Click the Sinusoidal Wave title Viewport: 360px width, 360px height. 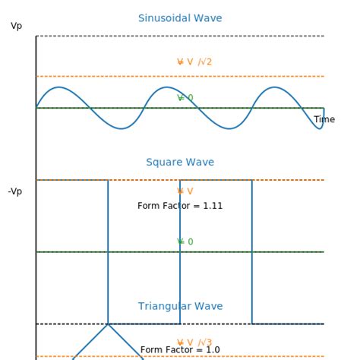tap(180, 18)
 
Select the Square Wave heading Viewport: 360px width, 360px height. tap(180, 163)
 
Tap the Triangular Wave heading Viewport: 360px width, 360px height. tap(180, 307)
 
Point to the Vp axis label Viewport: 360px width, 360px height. tap(17, 27)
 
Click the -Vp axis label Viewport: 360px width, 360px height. tap(15, 191)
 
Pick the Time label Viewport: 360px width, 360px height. tap(324, 120)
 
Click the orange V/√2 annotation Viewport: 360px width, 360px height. tap(194, 62)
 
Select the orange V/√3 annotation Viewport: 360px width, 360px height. tap(194, 343)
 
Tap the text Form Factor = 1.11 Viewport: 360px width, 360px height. tap(180, 206)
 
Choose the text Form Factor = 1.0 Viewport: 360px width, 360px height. tap(180, 350)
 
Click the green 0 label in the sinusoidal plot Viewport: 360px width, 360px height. tap(185, 98)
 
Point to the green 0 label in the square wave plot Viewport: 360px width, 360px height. tap(185, 242)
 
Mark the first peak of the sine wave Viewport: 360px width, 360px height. tap(58, 87)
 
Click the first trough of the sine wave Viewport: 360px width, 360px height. tap(121, 128)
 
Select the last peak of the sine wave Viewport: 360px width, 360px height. tap(275, 87)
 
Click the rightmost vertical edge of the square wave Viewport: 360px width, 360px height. tap(252, 251)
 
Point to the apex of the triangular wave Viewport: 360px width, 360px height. tap(108, 324)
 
